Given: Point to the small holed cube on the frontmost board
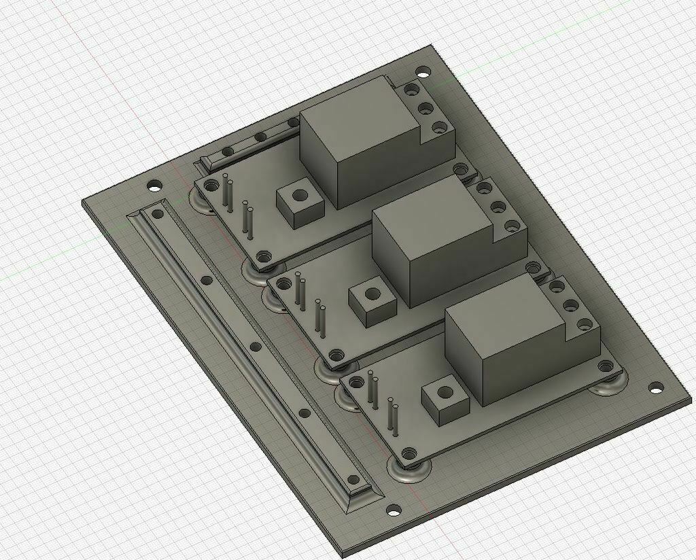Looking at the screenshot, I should [x=445, y=398].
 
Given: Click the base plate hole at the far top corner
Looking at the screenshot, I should [x=422, y=70].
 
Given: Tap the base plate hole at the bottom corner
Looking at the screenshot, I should [x=393, y=509].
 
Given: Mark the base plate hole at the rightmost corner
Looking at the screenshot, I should [x=655, y=387].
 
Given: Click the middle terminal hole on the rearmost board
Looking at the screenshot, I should [x=427, y=107].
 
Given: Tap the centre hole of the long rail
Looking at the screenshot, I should [x=256, y=347].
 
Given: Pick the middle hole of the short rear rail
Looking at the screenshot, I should [x=260, y=138].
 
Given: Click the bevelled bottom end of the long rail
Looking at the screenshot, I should [x=363, y=497].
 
